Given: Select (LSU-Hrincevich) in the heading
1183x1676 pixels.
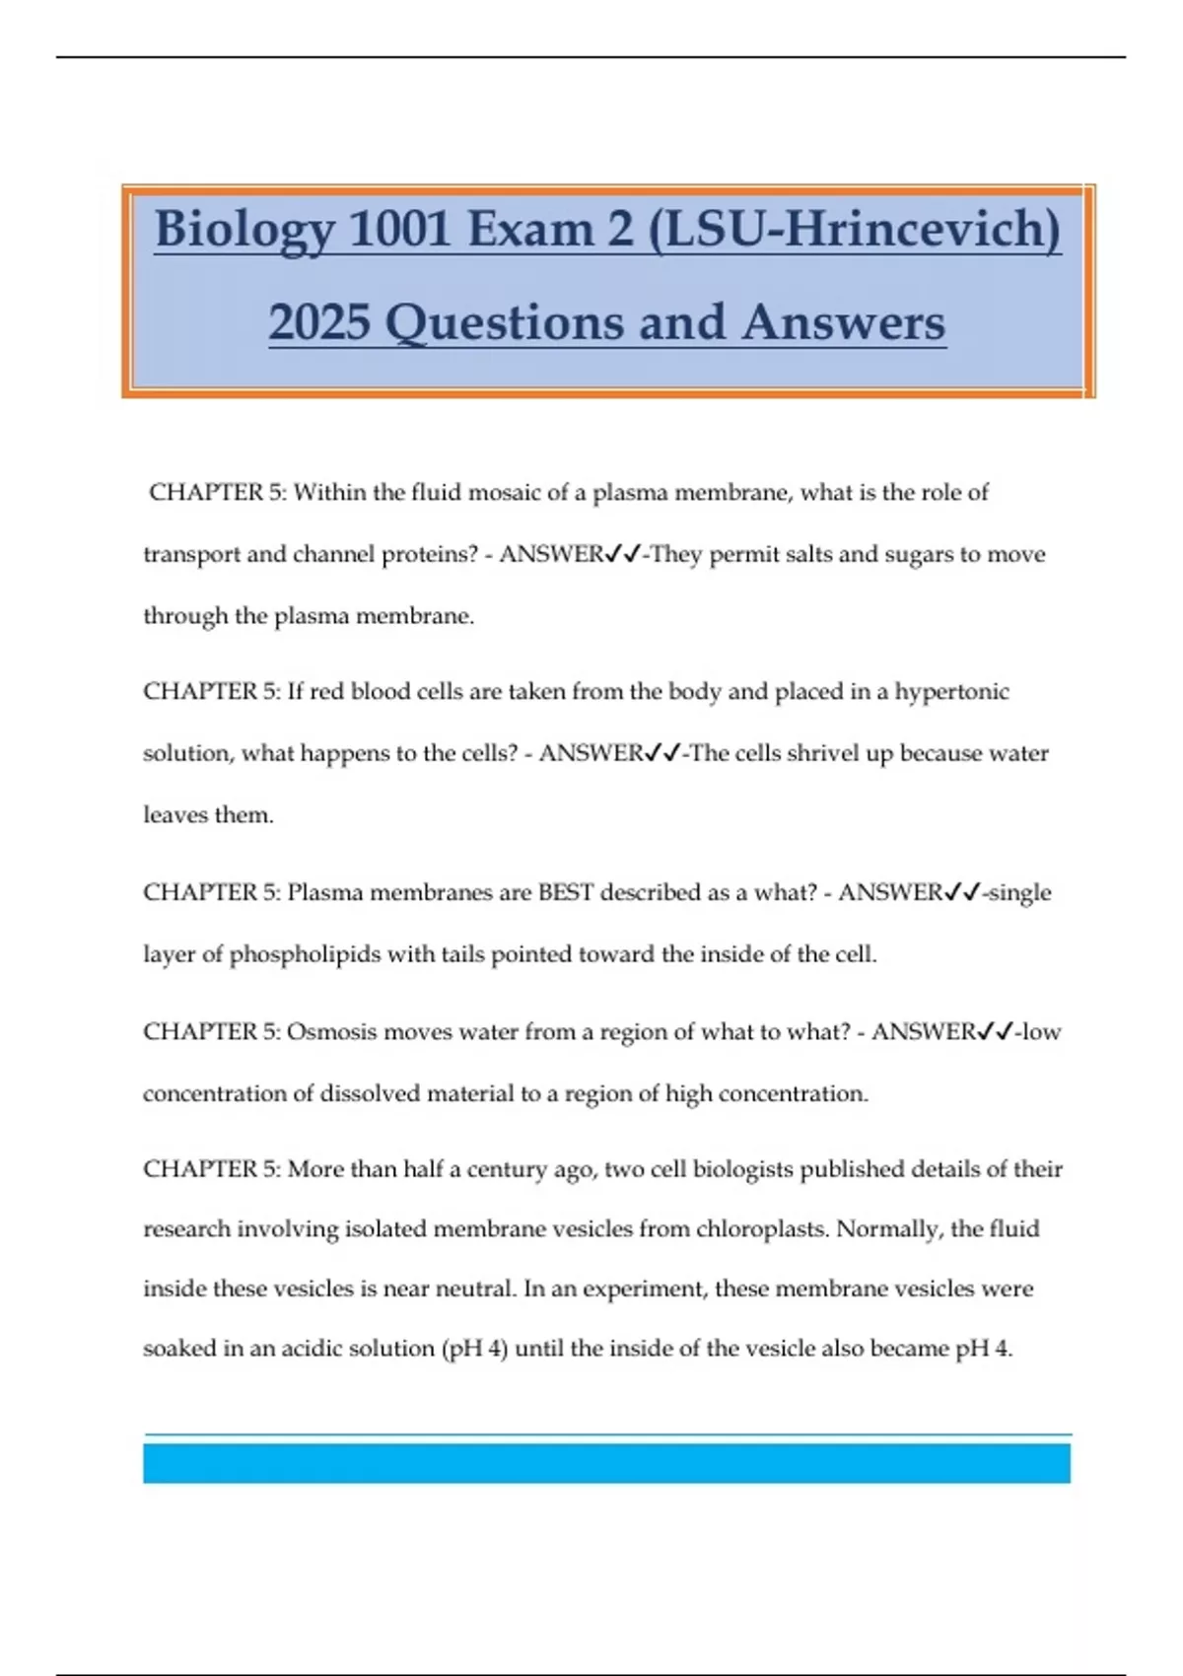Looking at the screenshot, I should pyautogui.click(x=854, y=229).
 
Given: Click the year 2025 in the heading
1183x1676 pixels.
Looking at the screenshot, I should pyautogui.click(x=318, y=322).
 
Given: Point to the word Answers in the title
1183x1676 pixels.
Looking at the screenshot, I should pyautogui.click(x=844, y=322).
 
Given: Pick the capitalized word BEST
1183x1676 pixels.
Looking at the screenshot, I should pyautogui.click(x=565, y=892).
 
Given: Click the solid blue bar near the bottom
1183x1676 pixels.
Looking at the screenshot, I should pyautogui.click(x=606, y=1463).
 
